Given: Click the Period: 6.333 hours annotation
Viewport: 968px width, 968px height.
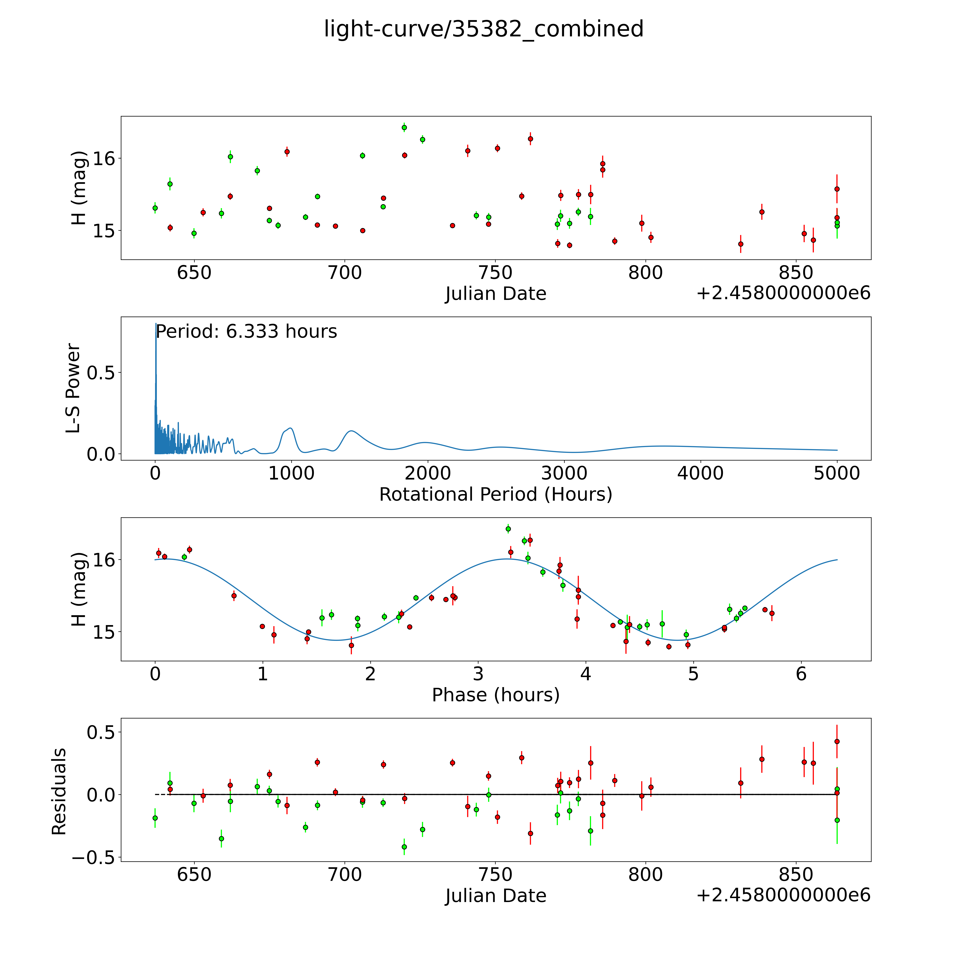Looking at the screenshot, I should click(x=246, y=332).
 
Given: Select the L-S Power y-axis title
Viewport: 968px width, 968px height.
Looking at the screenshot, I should click(x=73, y=388).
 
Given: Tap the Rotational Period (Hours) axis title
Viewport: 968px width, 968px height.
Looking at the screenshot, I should click(x=495, y=495).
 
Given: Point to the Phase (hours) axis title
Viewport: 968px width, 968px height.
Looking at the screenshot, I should click(x=495, y=695).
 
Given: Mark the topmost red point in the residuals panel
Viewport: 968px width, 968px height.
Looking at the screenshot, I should click(x=837, y=742).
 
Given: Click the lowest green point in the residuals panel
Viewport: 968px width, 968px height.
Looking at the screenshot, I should click(x=404, y=847).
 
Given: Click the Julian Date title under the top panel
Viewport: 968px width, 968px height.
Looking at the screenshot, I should click(x=495, y=294).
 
